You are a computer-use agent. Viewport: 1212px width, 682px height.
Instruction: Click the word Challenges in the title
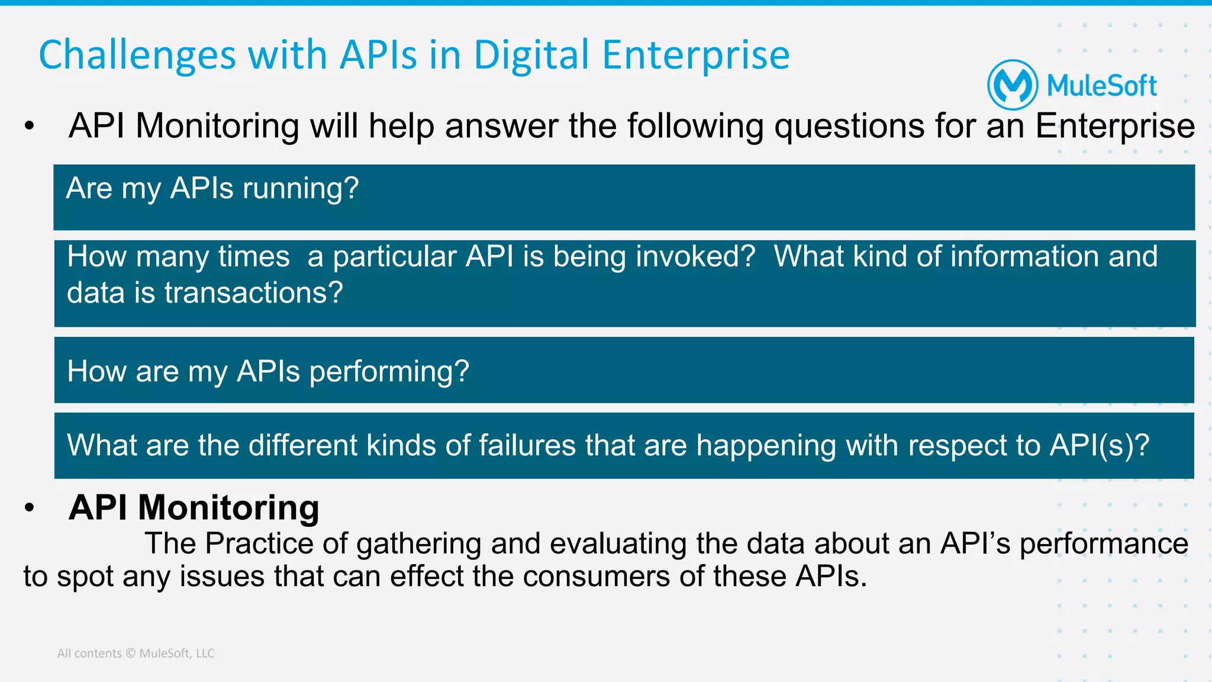(x=137, y=56)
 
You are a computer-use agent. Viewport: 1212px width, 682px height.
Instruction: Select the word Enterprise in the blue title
(x=695, y=56)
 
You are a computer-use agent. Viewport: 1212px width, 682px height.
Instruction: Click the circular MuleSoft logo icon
(x=1013, y=85)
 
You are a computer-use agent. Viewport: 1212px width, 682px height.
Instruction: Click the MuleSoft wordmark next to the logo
(x=1101, y=86)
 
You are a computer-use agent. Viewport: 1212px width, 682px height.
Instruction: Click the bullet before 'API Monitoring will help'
(x=30, y=126)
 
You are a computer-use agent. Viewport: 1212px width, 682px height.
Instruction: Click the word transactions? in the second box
(x=253, y=292)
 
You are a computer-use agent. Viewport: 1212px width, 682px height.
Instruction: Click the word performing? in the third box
(x=389, y=372)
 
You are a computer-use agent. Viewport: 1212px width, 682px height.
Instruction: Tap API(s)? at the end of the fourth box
(x=1099, y=445)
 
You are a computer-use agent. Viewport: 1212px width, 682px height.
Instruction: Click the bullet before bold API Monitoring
(x=30, y=508)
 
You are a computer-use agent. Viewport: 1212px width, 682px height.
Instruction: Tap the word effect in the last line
(x=427, y=577)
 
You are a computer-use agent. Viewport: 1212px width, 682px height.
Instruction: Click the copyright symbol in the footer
(x=131, y=654)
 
